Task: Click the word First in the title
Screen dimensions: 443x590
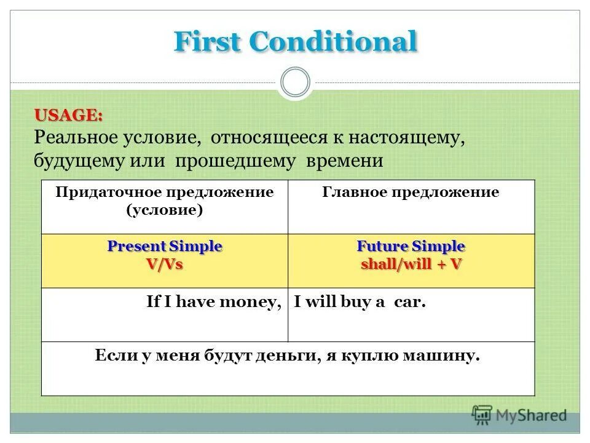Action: coord(209,42)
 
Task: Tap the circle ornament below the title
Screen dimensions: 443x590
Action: coord(295,82)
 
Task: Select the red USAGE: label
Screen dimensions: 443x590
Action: coord(68,115)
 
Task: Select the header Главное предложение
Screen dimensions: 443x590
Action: coord(411,192)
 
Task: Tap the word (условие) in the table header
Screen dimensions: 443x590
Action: coord(165,209)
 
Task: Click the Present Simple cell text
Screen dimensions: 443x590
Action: coord(165,247)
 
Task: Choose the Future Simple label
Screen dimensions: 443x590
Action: coord(411,247)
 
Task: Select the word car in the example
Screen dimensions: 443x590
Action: coord(411,303)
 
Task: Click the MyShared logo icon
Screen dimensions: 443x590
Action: coord(482,415)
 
